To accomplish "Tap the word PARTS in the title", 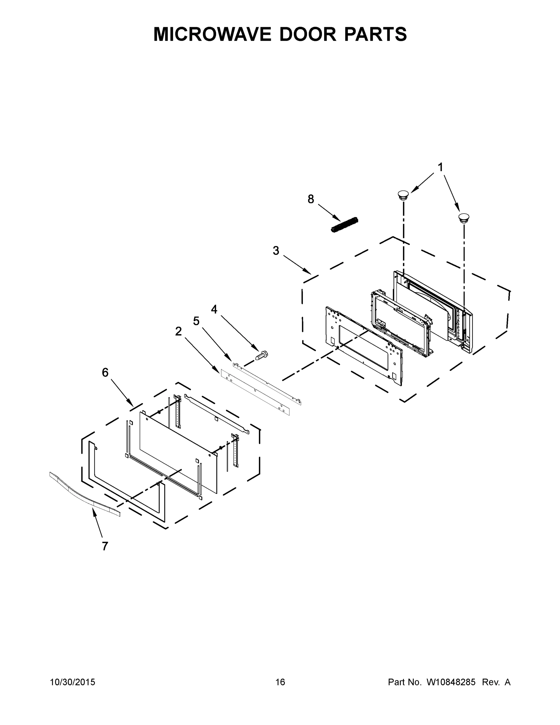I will point(375,34).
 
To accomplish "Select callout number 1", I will point(440,168).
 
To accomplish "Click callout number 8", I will point(311,199).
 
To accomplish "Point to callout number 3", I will point(276,251).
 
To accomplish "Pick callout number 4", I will point(214,309).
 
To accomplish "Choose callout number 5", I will point(197,321).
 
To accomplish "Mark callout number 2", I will point(178,331).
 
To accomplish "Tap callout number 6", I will point(105,373).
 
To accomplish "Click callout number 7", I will point(105,546).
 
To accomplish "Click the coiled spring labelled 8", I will point(345,225).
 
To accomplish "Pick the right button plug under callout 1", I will point(463,218).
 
